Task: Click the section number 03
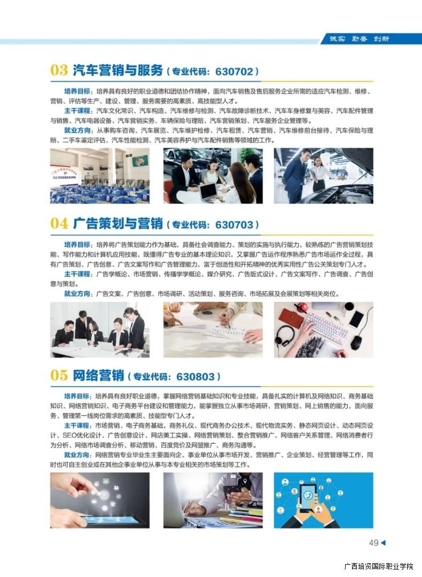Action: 59,70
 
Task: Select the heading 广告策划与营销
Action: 118,223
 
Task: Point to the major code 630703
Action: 235,224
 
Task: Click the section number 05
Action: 59,376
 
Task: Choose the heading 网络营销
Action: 98,376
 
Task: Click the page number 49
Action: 374,543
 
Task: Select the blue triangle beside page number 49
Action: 383,542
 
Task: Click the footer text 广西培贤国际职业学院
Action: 379,566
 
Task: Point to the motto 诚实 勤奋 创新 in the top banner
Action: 359,38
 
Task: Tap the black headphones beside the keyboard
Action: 285,335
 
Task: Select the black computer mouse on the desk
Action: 356,342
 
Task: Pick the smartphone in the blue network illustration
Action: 308,497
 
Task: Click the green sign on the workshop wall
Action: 140,160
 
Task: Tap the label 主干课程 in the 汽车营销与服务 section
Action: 77,111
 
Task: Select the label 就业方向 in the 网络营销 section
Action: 76,455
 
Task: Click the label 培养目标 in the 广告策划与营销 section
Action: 77,245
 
